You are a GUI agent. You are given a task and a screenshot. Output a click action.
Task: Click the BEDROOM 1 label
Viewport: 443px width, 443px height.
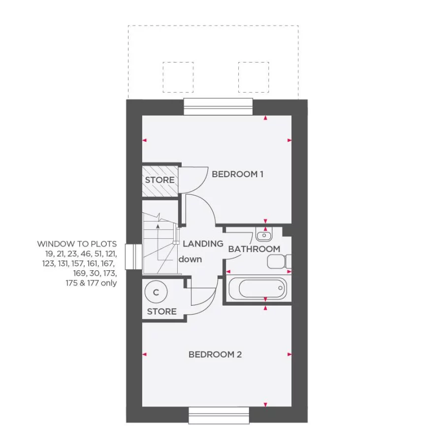(238, 174)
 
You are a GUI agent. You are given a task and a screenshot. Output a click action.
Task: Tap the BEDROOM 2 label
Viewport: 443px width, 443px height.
(215, 354)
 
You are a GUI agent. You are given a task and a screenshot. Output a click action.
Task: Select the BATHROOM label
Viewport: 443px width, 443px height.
(254, 249)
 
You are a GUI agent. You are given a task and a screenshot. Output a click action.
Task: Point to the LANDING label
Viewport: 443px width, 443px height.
(203, 243)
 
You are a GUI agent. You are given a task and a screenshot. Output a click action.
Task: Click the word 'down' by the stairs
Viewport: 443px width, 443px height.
(190, 259)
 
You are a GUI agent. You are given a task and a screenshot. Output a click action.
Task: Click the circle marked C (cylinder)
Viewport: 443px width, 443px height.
(157, 292)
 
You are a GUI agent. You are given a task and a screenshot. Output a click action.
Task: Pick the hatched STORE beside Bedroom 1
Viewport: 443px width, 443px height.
(159, 180)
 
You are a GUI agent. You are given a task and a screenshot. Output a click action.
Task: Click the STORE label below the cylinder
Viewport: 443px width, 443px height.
(161, 312)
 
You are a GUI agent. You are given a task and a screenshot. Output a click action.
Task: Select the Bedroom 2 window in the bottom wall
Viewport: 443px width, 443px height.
(219, 414)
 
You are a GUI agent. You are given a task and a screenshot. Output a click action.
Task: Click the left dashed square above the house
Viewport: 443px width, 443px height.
(178, 77)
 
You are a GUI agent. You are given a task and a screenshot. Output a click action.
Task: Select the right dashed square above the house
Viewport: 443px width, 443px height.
(253, 77)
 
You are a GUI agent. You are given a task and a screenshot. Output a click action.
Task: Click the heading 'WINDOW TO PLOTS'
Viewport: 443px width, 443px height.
(77, 244)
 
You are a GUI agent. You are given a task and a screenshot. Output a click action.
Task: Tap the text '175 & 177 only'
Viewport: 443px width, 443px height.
(95, 283)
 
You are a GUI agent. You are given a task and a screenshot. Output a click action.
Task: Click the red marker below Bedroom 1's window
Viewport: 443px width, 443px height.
(266, 118)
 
